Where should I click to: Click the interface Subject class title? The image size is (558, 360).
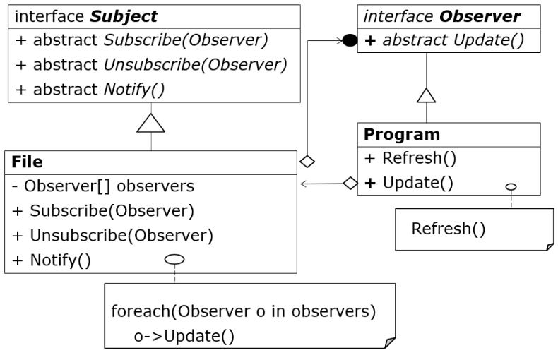tap(85, 16)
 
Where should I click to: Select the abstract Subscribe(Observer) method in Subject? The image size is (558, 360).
tap(141, 41)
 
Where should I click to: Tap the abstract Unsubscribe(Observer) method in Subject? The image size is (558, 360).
tap(150, 65)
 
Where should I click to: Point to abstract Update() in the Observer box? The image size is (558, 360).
tap(444, 40)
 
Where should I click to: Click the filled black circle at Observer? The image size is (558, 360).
tap(350, 40)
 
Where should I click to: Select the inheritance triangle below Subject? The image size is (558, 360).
tap(150, 124)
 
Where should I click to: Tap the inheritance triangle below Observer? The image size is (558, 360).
tap(425, 95)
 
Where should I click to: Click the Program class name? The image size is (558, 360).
tap(402, 134)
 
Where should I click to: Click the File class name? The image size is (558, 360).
tap(28, 162)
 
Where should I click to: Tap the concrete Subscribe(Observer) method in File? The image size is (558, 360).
tap(103, 211)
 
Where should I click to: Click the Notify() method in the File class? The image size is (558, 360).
tap(52, 260)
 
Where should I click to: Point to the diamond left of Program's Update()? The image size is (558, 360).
tap(350, 184)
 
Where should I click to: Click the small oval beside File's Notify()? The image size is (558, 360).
tap(174, 260)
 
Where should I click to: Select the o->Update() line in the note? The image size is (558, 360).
tap(184, 336)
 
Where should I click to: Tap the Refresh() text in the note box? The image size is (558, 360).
tap(449, 229)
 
